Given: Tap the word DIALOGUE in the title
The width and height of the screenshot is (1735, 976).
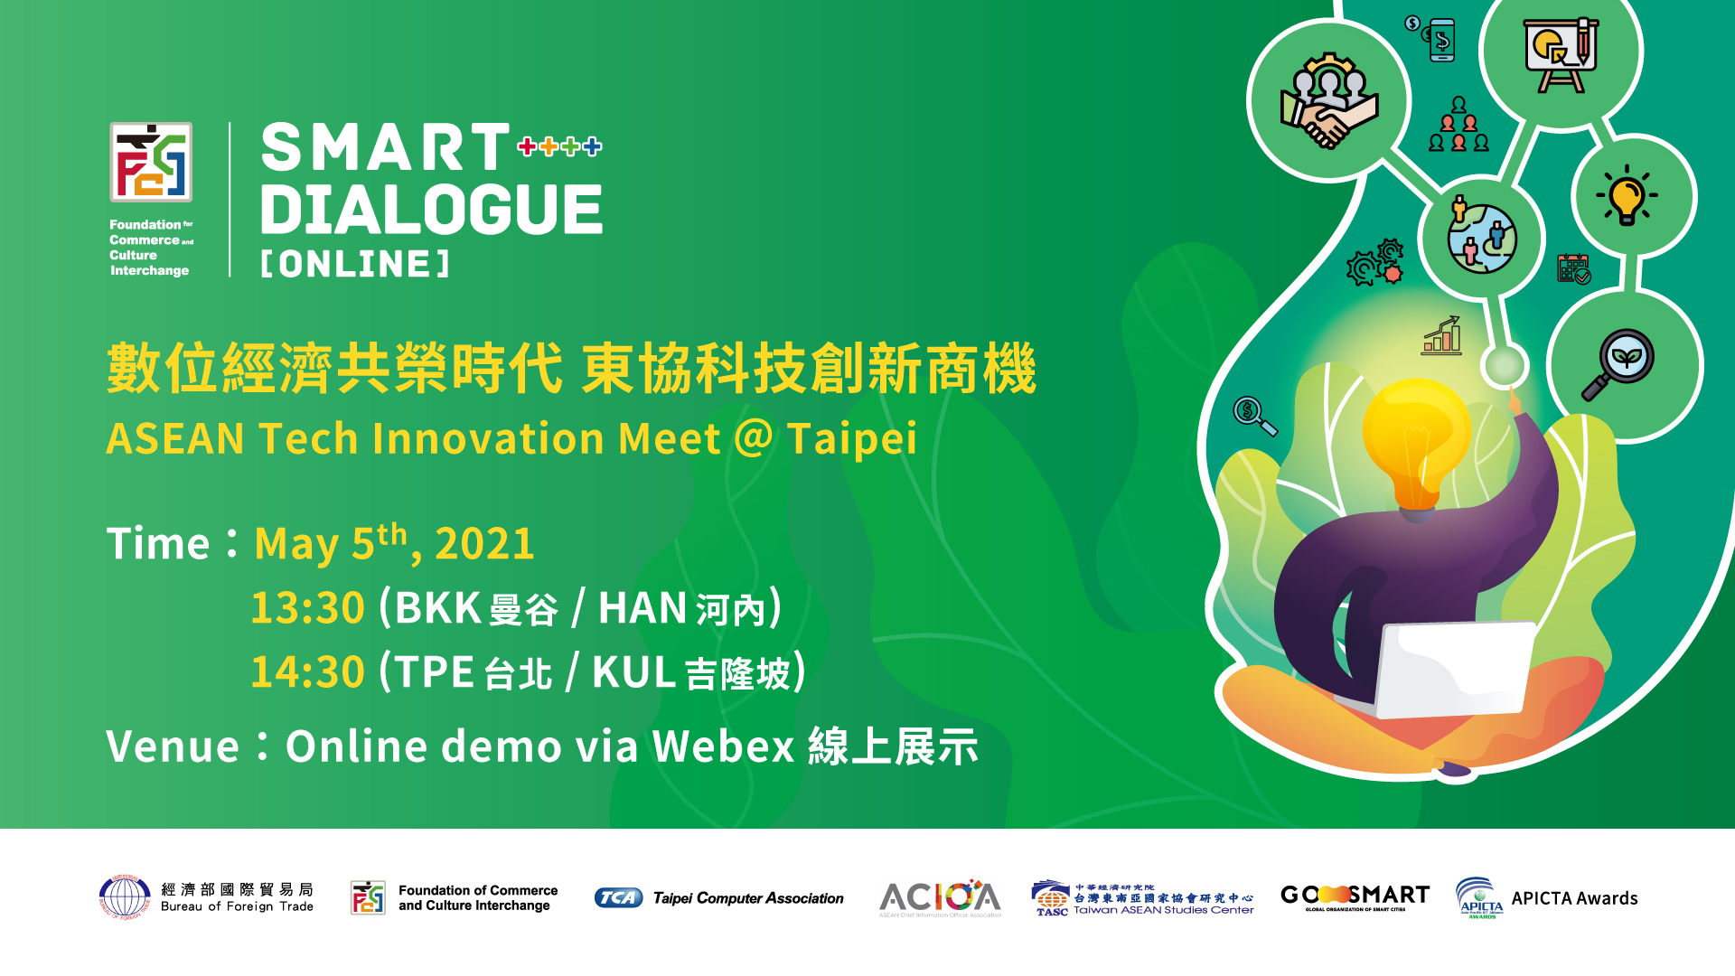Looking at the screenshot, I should tap(431, 210).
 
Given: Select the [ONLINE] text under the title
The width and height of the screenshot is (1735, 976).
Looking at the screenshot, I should tap(355, 264).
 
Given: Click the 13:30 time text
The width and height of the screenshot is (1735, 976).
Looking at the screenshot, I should tap(307, 607).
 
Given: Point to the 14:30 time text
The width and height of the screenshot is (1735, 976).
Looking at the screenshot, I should tap(307, 672).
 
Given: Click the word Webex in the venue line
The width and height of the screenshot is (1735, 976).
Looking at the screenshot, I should tap(723, 747).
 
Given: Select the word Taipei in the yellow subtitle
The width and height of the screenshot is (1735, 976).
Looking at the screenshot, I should tap(851, 439).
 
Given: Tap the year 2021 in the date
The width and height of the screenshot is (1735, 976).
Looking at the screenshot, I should tap(484, 544).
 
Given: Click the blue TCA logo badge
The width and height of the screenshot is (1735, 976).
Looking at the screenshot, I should tap(618, 897).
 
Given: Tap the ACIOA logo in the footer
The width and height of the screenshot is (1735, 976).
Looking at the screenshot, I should tap(940, 897).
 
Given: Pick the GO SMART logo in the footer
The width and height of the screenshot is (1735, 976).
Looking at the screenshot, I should tap(1355, 896).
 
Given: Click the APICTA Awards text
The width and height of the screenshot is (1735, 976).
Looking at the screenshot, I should tap(1574, 898).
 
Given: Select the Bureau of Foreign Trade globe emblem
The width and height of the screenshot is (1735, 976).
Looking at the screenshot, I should tap(125, 897).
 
